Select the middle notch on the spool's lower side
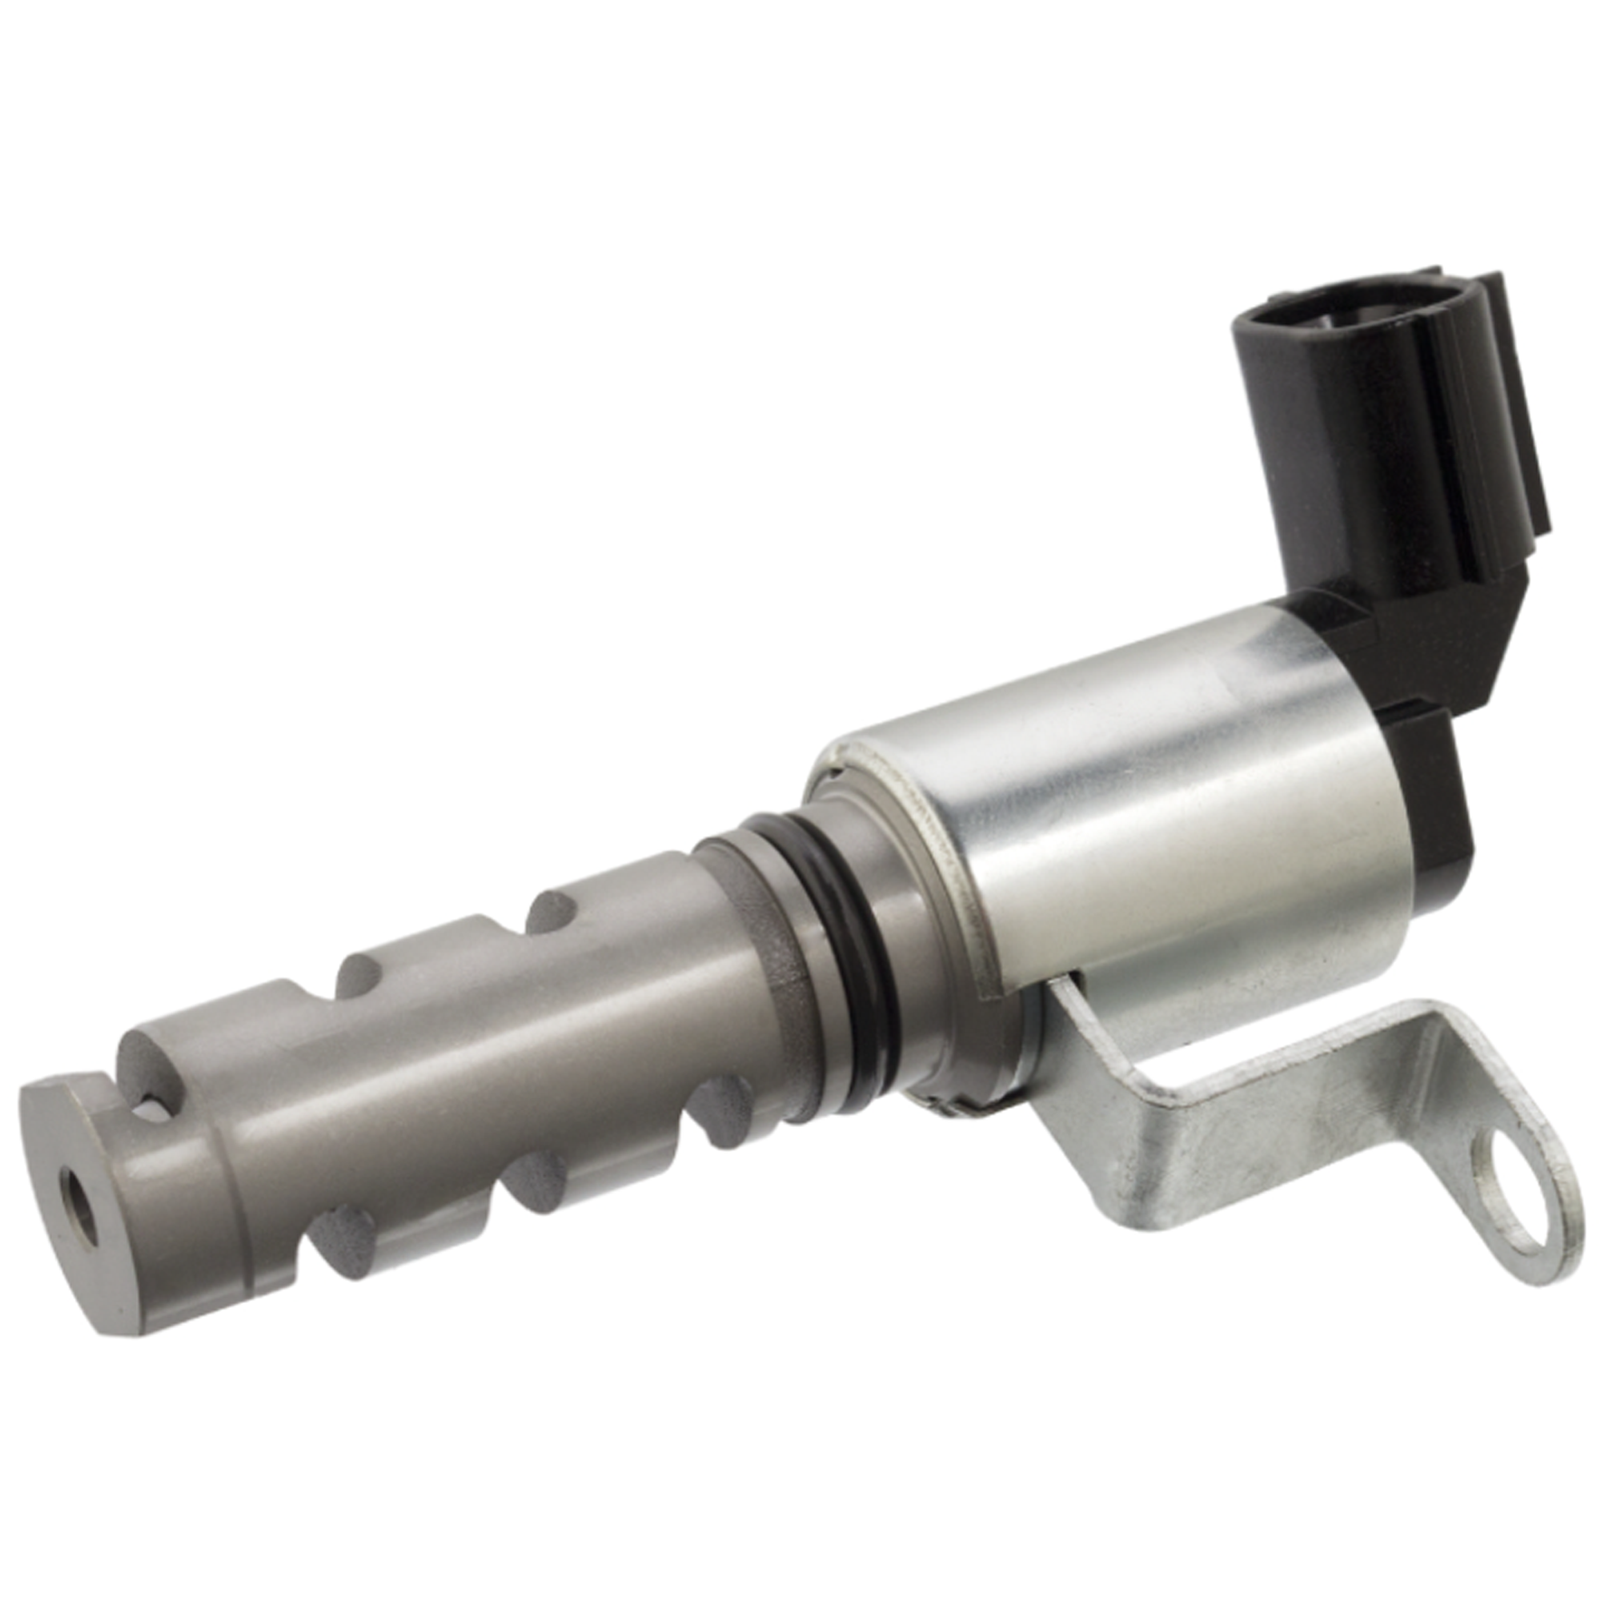pyautogui.click(x=535, y=1181)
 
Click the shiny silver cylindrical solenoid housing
pyautogui.click(x=1119, y=829)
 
